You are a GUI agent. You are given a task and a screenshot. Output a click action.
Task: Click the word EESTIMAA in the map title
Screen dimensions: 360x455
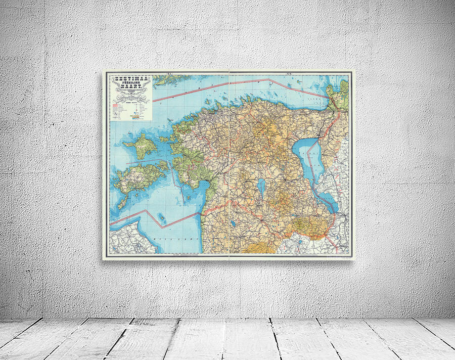[x=129, y=78]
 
